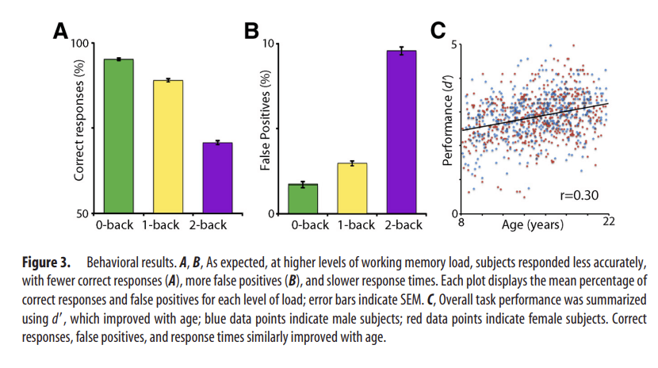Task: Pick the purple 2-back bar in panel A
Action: click(x=216, y=178)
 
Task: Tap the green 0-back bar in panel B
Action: click(x=303, y=199)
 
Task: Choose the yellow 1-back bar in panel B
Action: click(x=351, y=189)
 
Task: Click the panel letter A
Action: click(x=60, y=31)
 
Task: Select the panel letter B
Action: click(x=251, y=31)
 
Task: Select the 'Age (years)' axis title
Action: click(x=533, y=225)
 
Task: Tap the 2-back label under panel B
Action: click(x=400, y=225)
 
